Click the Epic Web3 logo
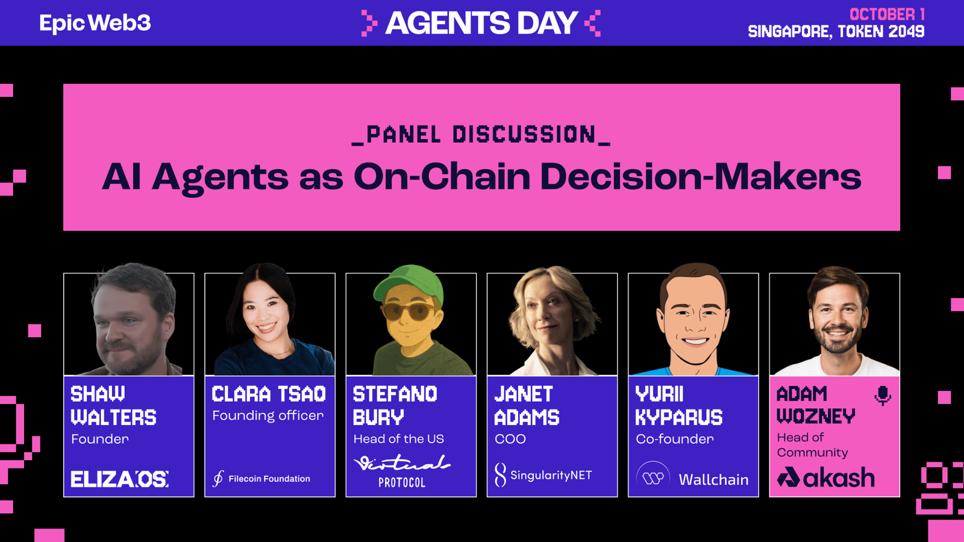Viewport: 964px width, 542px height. [x=95, y=23]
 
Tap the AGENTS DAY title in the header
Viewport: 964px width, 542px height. [x=481, y=23]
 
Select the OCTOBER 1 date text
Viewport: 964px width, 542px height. [x=887, y=14]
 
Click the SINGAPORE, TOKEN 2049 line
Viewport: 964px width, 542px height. [x=836, y=31]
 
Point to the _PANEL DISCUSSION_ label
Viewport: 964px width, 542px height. [x=481, y=135]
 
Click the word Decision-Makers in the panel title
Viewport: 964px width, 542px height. [x=700, y=177]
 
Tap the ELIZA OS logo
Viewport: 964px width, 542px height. [x=119, y=479]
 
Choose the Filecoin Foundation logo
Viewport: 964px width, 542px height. [x=261, y=478]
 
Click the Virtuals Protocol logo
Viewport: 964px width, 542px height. [x=402, y=471]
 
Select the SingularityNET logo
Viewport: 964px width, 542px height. [x=543, y=475]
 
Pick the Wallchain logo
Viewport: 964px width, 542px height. [x=692, y=478]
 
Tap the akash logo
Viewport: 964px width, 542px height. [x=826, y=478]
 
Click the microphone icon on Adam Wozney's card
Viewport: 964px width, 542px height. [x=883, y=395]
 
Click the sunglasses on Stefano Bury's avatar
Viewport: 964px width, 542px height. [x=408, y=311]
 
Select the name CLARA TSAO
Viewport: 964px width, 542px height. [x=269, y=394]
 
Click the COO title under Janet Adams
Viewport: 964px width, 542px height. [x=510, y=439]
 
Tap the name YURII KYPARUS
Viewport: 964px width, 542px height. [x=678, y=406]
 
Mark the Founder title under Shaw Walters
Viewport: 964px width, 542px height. [x=100, y=439]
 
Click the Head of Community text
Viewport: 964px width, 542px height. [x=813, y=445]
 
